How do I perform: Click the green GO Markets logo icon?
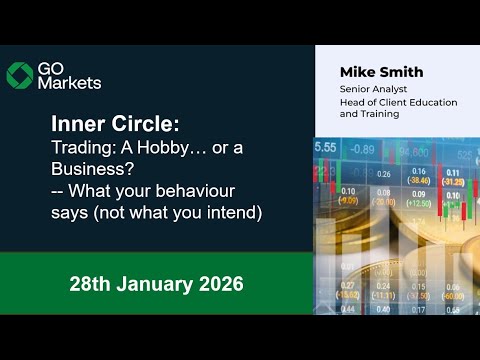(19, 74)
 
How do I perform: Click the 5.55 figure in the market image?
(326, 147)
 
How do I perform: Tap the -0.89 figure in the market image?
(363, 150)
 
